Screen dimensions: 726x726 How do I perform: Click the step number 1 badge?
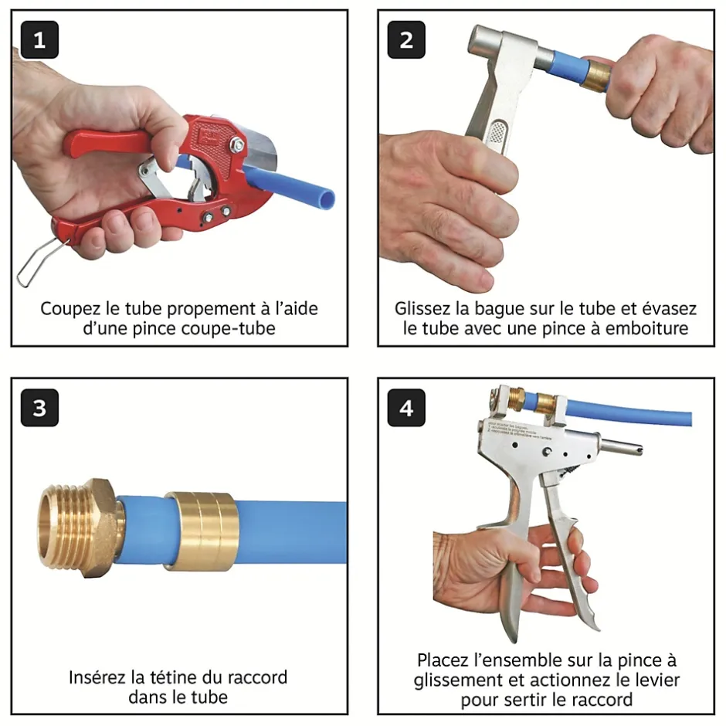[x=39, y=40]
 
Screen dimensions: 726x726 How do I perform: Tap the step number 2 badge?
[x=406, y=40]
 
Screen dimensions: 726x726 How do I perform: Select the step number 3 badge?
[x=39, y=408]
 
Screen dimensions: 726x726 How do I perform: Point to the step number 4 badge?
[x=406, y=408]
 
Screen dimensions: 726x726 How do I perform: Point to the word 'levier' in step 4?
[x=655, y=680]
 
